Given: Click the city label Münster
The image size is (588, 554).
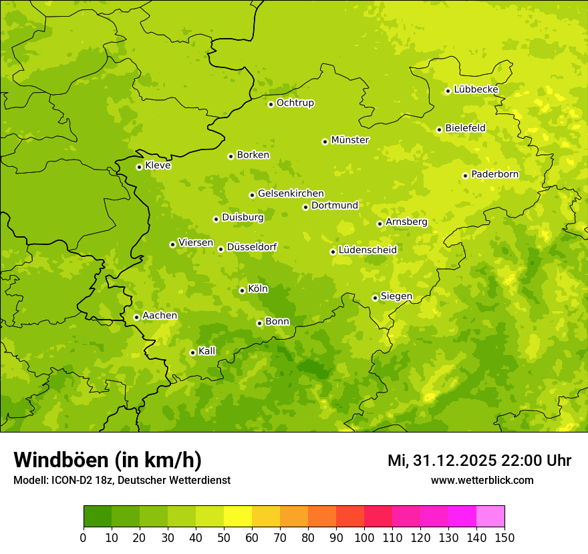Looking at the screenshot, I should [350, 140].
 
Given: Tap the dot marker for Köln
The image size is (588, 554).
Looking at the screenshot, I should [242, 290].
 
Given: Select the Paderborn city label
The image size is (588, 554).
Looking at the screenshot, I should [494, 174].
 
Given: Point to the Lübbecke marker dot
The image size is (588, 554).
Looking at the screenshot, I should [448, 91].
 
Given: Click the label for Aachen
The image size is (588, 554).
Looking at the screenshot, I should [160, 316].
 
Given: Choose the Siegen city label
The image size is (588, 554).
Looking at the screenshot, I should [396, 296].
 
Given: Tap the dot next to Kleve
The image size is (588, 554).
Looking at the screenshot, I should [139, 167].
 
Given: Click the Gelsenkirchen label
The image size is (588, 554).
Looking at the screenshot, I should [291, 194].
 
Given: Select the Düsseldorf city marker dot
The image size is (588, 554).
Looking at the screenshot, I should [220, 249].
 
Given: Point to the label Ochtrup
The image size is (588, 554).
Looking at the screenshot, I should [295, 103].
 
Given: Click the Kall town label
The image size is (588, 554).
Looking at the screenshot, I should [207, 351].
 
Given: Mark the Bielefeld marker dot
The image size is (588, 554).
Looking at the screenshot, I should [439, 129].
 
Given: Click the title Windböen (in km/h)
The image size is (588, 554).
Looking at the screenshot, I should [108, 461].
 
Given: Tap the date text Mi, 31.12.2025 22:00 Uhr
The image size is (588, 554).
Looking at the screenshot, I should [479, 461].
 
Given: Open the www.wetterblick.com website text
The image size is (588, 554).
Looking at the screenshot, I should [482, 481].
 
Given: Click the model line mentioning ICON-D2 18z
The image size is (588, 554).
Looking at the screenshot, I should [122, 481].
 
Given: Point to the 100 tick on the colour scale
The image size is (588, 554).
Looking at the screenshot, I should [364, 537].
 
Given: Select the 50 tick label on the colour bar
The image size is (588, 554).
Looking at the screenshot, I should [224, 537].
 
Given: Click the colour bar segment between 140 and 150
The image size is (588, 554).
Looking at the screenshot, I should [490, 517].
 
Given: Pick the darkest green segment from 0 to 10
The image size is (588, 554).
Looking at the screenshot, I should [98, 517].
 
